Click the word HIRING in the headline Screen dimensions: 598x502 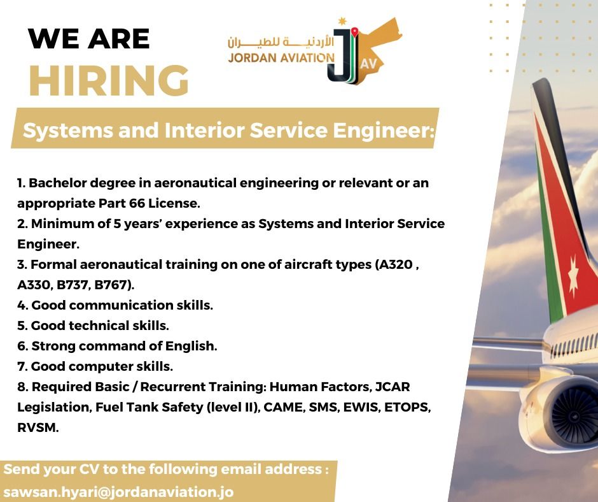point(109,80)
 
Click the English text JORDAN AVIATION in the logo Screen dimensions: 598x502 point(281,58)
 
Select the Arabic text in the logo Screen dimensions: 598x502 point(281,42)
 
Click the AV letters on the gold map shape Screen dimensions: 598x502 point(368,64)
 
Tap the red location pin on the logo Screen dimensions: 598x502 point(355,32)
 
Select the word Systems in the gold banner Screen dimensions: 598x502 point(68,130)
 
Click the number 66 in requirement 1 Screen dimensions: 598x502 point(137,203)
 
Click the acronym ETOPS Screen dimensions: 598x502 point(406,407)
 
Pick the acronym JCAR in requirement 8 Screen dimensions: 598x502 point(393,387)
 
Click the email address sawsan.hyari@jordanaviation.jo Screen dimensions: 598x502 point(118,492)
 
